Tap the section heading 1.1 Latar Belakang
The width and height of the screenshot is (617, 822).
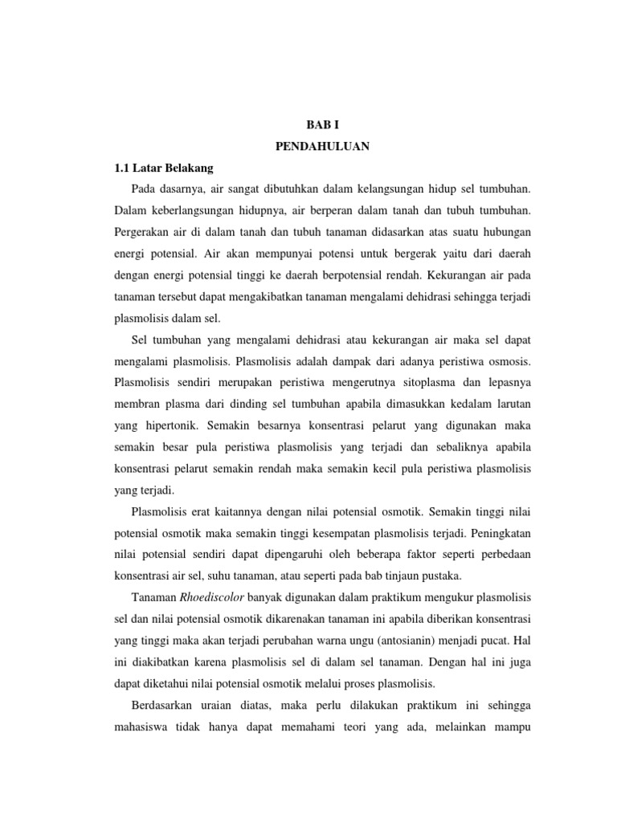tap(161, 169)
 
